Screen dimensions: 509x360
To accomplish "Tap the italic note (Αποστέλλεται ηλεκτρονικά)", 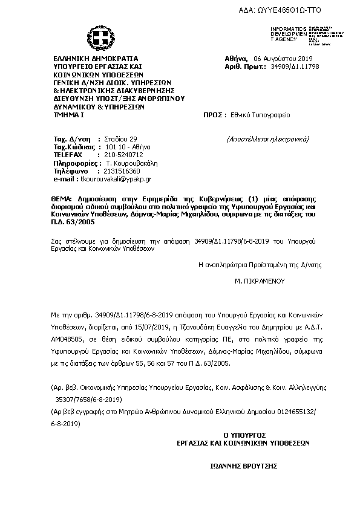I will [x=269, y=138].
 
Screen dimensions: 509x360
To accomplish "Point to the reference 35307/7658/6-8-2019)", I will [x=89, y=400].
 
